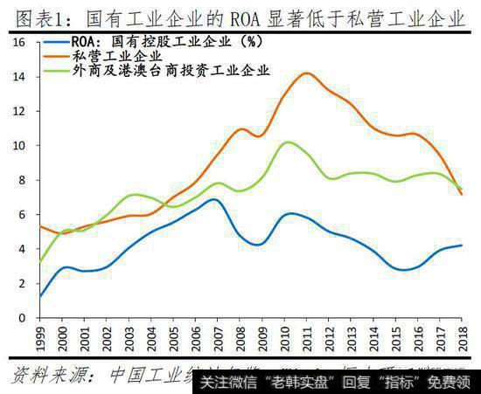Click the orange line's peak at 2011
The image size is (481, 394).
306,73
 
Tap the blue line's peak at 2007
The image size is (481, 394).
214,199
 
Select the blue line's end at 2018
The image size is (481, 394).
461,245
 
